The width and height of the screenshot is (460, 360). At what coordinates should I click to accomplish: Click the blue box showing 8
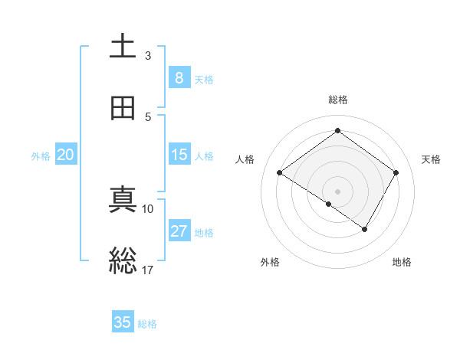[179, 77]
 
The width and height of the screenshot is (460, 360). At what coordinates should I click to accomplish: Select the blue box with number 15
[179, 155]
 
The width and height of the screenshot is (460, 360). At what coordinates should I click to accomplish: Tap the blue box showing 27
[179, 231]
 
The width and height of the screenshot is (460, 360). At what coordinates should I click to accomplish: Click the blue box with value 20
[66, 155]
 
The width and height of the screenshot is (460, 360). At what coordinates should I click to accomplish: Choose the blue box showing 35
[123, 322]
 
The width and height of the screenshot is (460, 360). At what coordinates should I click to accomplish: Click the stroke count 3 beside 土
[148, 56]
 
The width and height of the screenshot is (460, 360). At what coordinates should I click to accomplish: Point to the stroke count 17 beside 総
[148, 270]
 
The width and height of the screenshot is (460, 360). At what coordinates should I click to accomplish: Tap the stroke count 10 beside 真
[148, 208]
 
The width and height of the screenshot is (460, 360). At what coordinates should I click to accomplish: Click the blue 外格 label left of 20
[41, 155]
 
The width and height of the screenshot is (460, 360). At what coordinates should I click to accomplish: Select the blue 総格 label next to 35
[147, 324]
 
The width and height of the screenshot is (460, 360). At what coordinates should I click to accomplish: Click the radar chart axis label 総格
[337, 100]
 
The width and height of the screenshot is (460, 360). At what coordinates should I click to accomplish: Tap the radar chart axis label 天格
[431, 159]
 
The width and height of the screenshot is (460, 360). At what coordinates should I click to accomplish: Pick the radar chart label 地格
[402, 262]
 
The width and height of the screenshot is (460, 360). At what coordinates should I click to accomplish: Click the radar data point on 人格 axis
[279, 172]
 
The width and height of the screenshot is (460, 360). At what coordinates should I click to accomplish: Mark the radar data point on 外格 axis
[328, 204]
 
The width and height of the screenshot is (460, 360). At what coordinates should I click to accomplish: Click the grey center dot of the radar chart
[337, 191]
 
